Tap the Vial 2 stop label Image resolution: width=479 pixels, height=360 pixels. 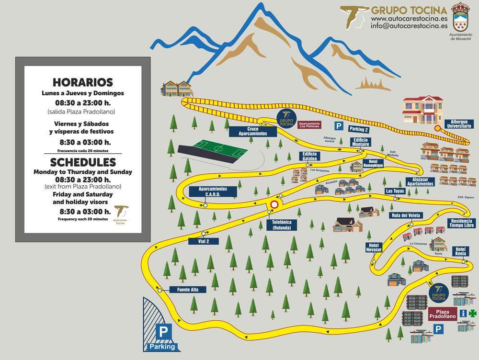[204, 241]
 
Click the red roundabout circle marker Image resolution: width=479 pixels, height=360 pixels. [274, 204]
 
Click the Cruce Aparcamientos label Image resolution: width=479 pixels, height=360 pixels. [253, 131]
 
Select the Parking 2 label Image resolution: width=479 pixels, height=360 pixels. [359, 129]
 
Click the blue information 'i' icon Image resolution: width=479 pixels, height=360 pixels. [463, 313]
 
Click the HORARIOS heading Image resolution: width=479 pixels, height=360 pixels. [82, 82]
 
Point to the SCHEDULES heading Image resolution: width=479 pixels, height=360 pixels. [82, 162]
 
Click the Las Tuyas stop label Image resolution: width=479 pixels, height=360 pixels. [396, 191]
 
